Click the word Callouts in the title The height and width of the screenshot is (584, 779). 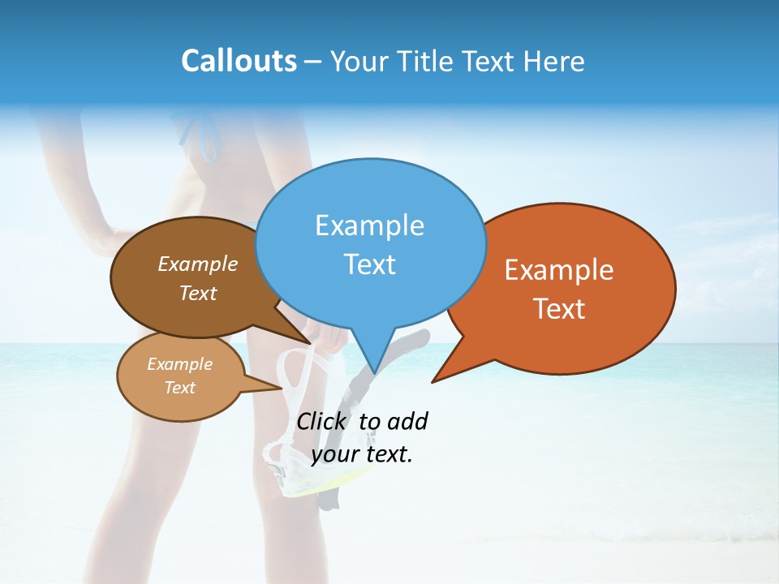239,61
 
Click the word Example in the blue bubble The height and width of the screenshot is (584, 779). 369,225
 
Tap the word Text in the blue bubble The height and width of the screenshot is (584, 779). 369,264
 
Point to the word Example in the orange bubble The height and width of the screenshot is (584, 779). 559,270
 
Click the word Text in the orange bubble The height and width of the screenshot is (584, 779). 559,309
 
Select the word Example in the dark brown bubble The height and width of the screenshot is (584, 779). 198,264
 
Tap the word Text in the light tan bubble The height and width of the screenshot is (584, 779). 179,388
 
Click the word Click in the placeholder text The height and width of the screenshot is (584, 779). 322,422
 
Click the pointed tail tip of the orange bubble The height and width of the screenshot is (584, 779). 433,381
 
